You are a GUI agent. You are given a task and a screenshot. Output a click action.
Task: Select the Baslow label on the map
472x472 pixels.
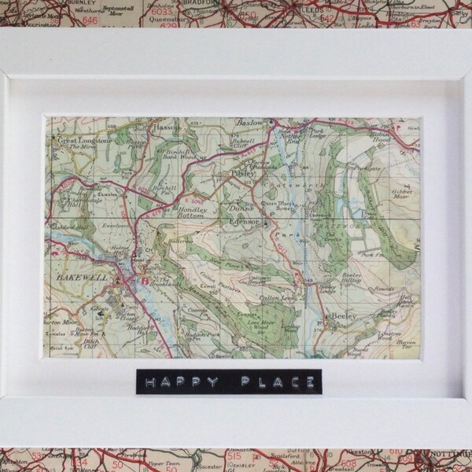[x=250, y=124]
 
